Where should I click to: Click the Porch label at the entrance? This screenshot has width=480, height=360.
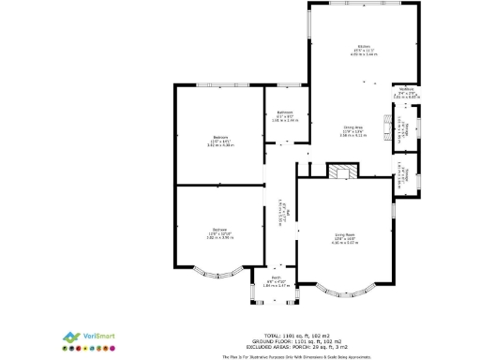277,279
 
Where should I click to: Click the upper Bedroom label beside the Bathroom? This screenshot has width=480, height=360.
220,141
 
